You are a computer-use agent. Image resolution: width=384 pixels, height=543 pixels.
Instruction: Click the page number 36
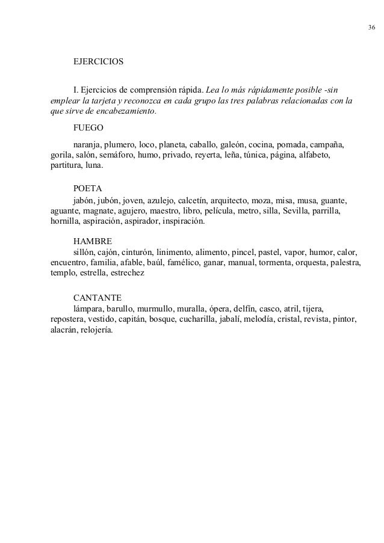(x=370, y=28)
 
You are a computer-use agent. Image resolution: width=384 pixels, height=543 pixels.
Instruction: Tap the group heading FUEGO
(x=88, y=129)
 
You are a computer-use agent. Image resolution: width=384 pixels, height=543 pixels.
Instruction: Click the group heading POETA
(x=88, y=188)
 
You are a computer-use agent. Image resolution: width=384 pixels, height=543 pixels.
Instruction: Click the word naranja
(x=88, y=145)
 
